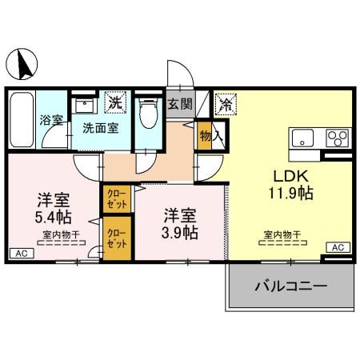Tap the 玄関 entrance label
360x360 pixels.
(180, 103)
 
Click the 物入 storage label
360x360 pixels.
(206, 137)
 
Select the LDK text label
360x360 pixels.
(290, 176)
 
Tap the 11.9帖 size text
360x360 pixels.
(290, 194)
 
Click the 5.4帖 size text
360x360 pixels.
(54, 216)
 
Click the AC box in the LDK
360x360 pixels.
(337, 247)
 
